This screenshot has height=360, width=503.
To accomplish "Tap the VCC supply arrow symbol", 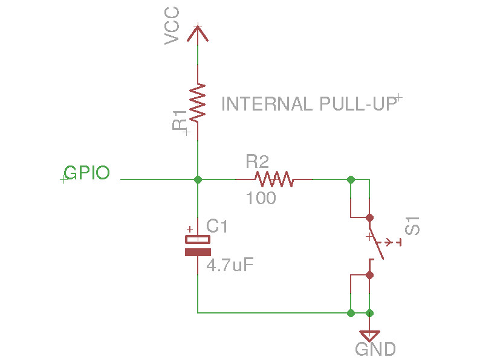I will pyautogui.click(x=198, y=33).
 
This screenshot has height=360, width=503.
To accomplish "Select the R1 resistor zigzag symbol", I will pyautogui.click(x=198, y=102).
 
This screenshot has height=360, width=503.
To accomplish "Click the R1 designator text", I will pyautogui.click(x=180, y=120).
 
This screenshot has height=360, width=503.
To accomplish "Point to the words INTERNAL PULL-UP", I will pyautogui.click(x=309, y=104).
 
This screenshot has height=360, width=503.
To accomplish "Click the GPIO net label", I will pyautogui.click(x=87, y=173).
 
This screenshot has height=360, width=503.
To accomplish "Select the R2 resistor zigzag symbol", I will pyautogui.click(x=274, y=179).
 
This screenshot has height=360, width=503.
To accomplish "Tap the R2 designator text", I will pyautogui.click(x=257, y=161).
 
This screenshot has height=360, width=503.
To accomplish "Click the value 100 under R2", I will pyautogui.click(x=261, y=198).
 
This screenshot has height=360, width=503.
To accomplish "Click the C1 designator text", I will pyautogui.click(x=217, y=227).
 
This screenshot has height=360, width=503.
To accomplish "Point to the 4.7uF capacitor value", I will pyautogui.click(x=229, y=265).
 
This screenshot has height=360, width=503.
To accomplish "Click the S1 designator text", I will pyautogui.click(x=413, y=229).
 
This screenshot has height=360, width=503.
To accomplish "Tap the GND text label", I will pyautogui.click(x=375, y=349).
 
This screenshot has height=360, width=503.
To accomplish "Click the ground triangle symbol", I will pyautogui.click(x=369, y=335).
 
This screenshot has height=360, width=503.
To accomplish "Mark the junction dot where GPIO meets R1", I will pyautogui.click(x=198, y=179).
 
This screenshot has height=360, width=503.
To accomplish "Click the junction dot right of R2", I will pyautogui.click(x=351, y=179).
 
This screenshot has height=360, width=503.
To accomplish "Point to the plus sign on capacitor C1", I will pyautogui.click(x=190, y=230).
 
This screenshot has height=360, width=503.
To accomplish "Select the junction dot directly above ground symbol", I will pyautogui.click(x=370, y=313).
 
